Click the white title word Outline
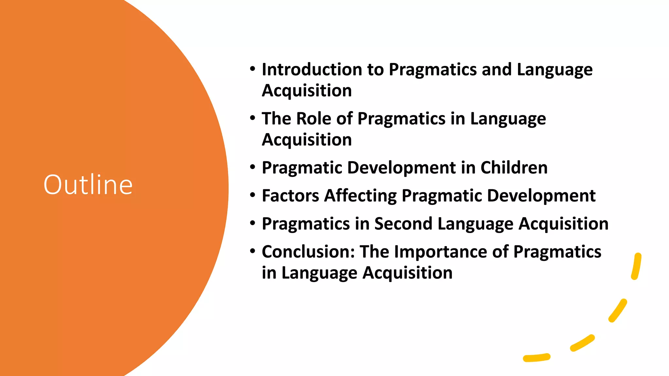click(88, 185)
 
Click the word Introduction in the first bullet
click(312, 70)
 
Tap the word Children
click(514, 168)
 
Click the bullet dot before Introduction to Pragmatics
click(253, 69)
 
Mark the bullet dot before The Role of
click(253, 118)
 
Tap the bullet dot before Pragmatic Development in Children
click(253, 167)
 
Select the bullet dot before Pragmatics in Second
click(253, 224)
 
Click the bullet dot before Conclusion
click(253, 251)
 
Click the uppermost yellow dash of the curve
click(636, 266)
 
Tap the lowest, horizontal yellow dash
click(537, 358)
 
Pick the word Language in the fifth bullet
click(476, 224)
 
